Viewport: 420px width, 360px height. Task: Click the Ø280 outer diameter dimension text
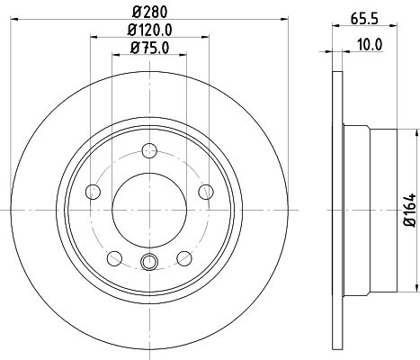tap(151, 12)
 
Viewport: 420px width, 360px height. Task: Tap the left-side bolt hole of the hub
tap(94, 191)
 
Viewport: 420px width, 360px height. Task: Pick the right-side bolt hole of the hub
tap(206, 191)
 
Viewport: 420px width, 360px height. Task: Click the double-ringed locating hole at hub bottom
tap(150, 262)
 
